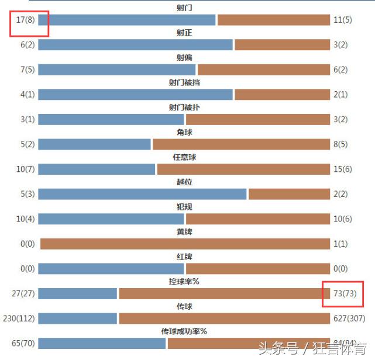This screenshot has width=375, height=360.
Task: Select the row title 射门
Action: (184, 8)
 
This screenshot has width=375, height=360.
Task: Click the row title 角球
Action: (184, 133)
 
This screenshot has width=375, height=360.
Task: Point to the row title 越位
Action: (184, 182)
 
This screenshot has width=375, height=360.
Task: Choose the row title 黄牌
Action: (184, 232)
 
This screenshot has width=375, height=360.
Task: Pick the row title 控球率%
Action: (184, 282)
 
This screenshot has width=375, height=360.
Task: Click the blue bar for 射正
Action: (135, 45)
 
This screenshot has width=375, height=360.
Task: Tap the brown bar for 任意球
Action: (243, 169)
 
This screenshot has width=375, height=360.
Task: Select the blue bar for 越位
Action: (142, 194)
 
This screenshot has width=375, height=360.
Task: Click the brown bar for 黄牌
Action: (185, 244)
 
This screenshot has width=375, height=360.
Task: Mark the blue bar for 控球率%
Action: (77, 293)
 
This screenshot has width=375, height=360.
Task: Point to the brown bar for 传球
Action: (224, 319)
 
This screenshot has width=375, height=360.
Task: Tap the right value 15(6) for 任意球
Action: (344, 169)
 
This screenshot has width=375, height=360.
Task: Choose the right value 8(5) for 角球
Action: (342, 144)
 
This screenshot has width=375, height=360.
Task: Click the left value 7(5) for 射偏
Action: (27, 70)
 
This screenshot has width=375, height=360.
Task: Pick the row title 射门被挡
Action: (184, 83)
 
